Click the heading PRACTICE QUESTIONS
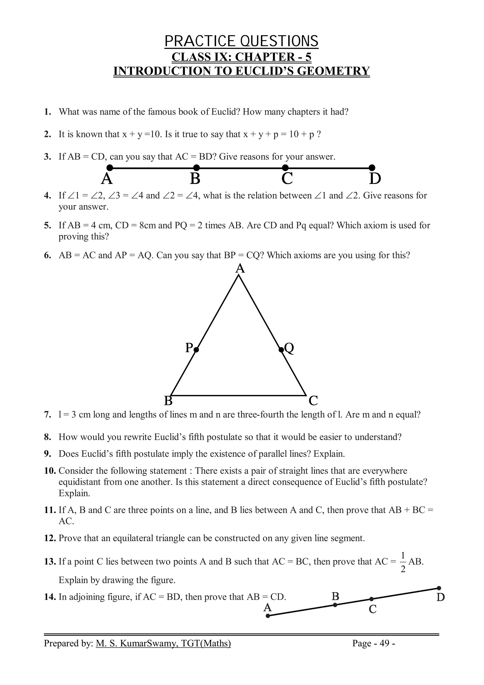[x=242, y=41]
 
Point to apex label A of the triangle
[x=240, y=269]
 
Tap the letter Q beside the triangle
[x=289, y=348]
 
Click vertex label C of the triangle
[x=313, y=401]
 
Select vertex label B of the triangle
[x=169, y=401]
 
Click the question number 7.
[x=47, y=415]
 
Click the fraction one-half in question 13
[x=403, y=562]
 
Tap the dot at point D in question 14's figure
[x=439, y=588]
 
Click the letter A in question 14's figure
[x=268, y=607]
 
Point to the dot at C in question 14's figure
[x=371, y=599]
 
